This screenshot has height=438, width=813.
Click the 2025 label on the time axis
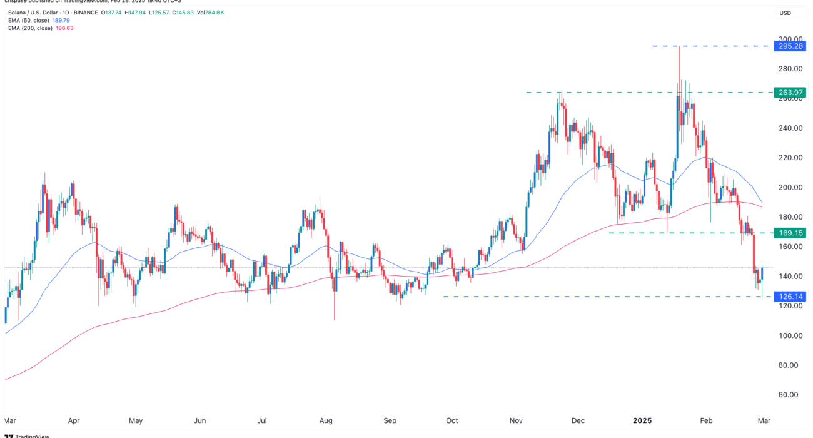coord(643,420)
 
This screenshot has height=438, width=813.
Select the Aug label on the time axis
coord(326,420)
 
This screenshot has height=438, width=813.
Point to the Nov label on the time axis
coord(517,420)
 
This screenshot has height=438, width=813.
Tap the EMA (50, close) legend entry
coord(29,21)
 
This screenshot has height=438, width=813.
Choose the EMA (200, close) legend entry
coord(31,29)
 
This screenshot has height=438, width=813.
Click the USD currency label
coord(785,13)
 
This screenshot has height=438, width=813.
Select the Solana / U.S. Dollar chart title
coord(38,13)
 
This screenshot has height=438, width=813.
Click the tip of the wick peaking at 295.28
coord(679,47)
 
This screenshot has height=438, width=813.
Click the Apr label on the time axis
coord(74,420)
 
